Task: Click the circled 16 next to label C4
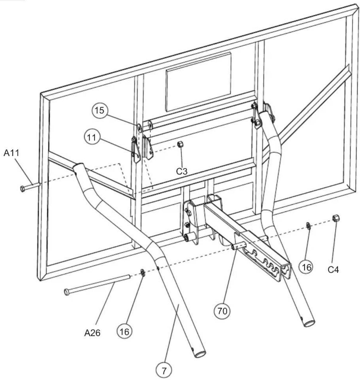click(306, 267)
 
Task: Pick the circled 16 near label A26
click(125, 331)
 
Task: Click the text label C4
click(333, 269)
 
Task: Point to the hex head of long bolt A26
click(67, 292)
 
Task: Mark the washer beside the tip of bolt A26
click(142, 272)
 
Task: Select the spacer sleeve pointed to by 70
click(239, 245)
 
